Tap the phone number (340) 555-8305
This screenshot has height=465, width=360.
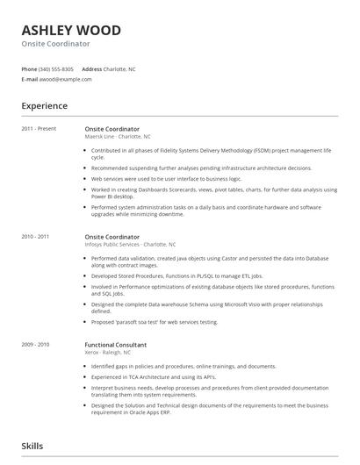tap(57, 68)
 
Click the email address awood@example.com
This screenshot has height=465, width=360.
tap(66, 79)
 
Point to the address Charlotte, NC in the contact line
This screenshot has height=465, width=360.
tap(119, 68)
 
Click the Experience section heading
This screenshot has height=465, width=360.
tap(45, 106)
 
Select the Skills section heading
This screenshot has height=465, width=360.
tap(32, 446)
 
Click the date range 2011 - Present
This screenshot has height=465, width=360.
tap(39, 129)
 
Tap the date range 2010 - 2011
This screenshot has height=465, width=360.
tap(35, 237)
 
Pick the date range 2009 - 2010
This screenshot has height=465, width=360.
tap(35, 345)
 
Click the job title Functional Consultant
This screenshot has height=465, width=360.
tap(115, 345)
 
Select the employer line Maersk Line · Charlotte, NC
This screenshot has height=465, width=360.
tap(118, 137)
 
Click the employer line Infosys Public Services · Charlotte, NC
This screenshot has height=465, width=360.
tap(130, 245)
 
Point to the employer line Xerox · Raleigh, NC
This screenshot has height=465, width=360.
tap(111, 353)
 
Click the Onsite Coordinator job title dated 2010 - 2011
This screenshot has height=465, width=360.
tap(112, 237)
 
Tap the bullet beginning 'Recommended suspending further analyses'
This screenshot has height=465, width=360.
tap(201, 168)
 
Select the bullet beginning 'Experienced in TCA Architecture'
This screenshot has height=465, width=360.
tap(154, 376)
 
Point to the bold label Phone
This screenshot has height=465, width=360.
tap(29, 68)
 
